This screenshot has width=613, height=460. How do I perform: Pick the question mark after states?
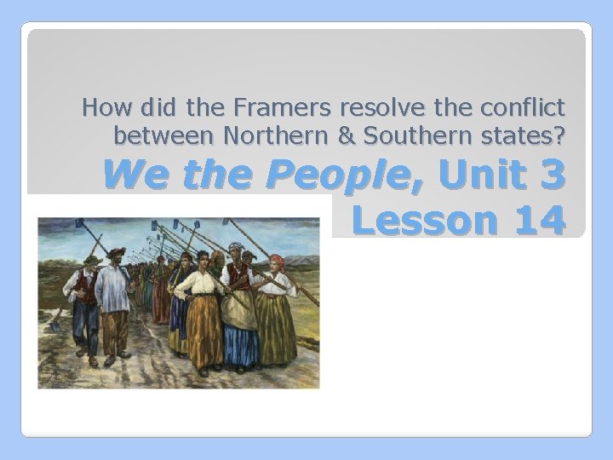click(x=560, y=134)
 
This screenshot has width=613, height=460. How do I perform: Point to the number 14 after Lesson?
click(x=531, y=221)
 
